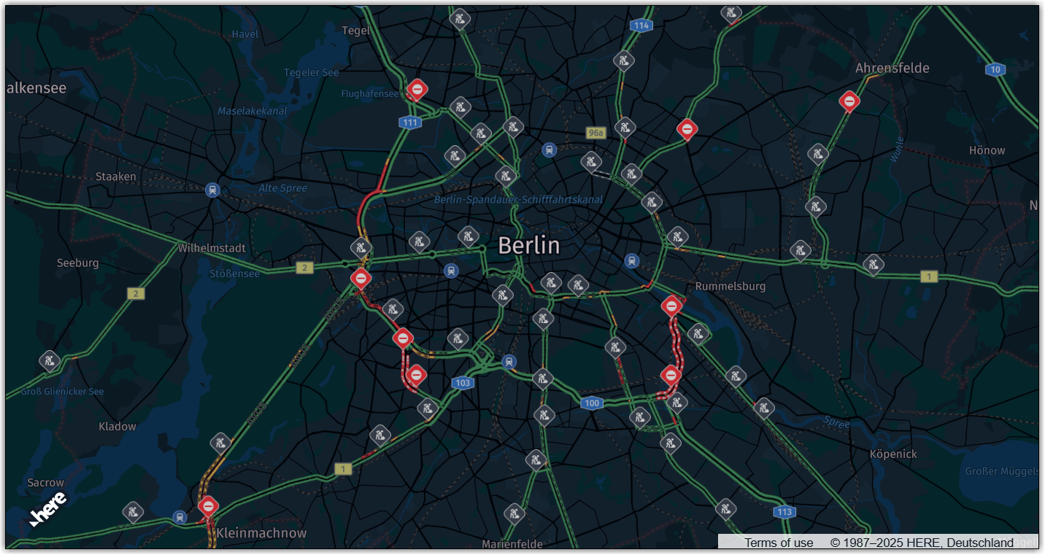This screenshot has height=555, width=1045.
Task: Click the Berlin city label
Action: pos(529,246)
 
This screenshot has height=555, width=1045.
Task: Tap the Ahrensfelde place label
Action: pos(892,68)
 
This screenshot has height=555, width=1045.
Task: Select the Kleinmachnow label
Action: pos(261,533)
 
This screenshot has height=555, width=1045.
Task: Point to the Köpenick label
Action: pos(893,454)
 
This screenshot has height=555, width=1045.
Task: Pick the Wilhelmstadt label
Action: pos(212,248)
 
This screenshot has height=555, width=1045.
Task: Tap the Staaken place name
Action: pos(115,176)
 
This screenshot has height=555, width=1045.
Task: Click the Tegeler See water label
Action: pos(311,72)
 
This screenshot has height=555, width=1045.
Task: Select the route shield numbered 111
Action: pos(410,123)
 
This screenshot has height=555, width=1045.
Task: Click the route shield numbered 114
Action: pos(641,26)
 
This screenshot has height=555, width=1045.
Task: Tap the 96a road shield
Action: pos(596,133)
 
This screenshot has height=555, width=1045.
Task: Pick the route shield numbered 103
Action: pos(462,383)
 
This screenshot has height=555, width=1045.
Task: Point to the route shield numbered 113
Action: pos(784,512)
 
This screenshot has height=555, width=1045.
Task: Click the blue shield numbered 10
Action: pos(995,70)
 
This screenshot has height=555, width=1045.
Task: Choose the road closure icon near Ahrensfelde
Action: pos(849,101)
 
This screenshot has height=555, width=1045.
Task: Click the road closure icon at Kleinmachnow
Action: pos(208,505)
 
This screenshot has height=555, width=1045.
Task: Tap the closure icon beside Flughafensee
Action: pos(417,89)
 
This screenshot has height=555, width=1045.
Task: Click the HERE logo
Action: pos(49,508)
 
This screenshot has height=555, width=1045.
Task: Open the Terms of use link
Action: pos(779,543)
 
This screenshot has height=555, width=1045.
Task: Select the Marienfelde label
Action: pos(512,544)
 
